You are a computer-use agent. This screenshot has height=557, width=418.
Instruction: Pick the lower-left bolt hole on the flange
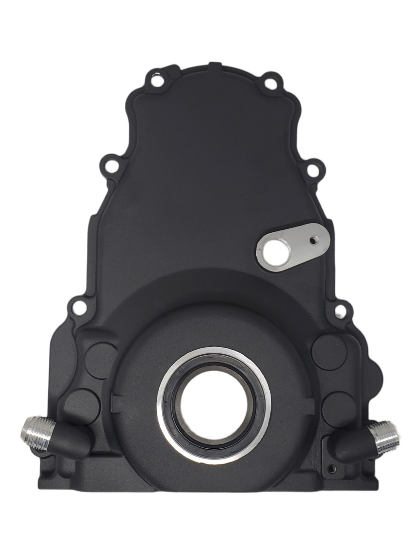tap(77, 307)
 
